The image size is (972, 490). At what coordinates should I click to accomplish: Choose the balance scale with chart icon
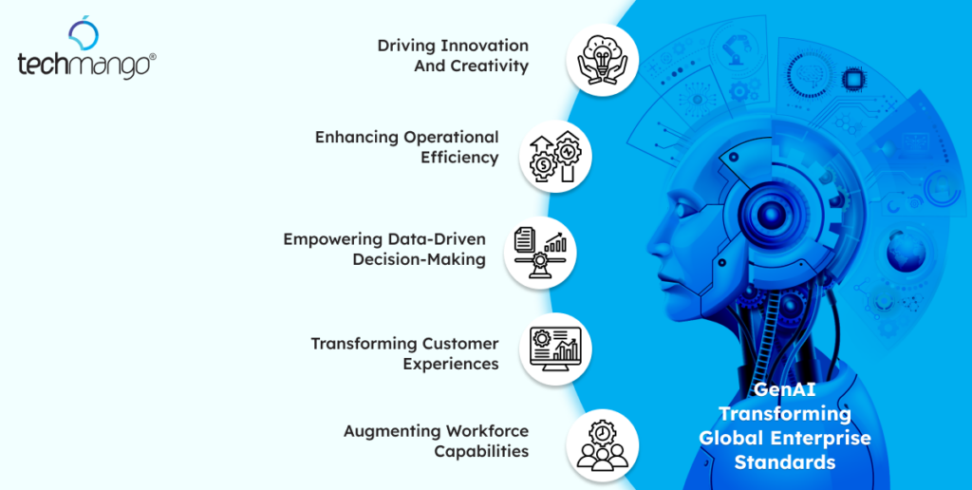coord(540,251)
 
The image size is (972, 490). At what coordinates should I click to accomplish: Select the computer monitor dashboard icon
coord(555,349)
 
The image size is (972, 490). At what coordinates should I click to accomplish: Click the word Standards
coord(784,462)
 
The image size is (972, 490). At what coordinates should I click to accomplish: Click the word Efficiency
coord(459,158)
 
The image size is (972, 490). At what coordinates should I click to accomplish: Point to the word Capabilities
coord(481,452)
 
